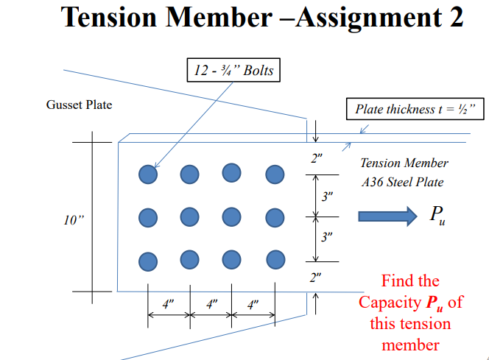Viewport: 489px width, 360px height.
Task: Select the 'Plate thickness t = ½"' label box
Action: (415, 110)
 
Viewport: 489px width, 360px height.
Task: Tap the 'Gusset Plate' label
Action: (79, 105)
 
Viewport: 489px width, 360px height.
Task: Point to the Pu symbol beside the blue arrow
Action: (437, 216)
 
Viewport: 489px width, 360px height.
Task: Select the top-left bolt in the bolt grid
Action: (149, 174)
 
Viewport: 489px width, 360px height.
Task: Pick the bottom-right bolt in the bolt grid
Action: (275, 260)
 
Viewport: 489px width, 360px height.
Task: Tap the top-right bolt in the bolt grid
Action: (275, 174)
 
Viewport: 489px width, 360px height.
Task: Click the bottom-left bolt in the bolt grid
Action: (149, 261)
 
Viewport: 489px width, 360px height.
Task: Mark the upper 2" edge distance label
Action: (316, 158)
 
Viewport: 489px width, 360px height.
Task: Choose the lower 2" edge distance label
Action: (316, 278)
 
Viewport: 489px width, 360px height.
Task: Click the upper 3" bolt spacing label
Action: (328, 196)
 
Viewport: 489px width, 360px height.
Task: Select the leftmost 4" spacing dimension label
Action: (169, 305)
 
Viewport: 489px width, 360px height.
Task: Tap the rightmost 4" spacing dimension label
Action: (253, 305)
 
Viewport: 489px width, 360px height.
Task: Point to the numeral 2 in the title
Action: (454, 18)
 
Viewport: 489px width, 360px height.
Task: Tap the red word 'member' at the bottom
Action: (410, 345)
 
